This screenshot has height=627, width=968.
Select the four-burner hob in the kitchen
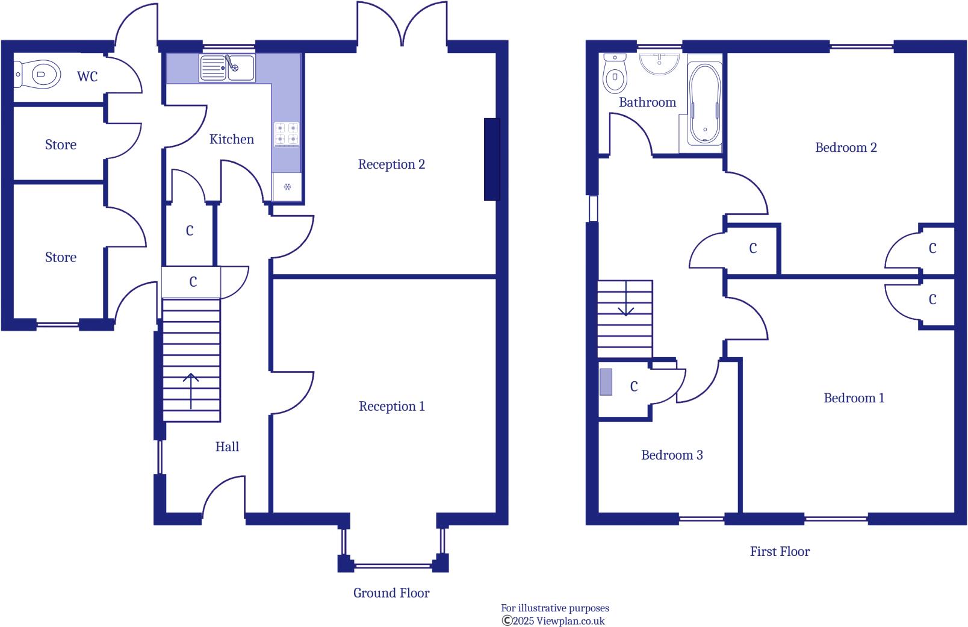pyautogui.click(x=287, y=134)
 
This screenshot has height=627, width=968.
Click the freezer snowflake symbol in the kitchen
pyautogui.click(x=287, y=187)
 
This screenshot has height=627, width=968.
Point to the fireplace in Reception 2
pyautogui.click(x=492, y=159)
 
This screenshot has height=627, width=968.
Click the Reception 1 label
pyautogui.click(x=391, y=407)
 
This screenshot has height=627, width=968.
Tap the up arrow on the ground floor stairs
pyautogui.click(x=191, y=389)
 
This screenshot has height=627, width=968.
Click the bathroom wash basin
pyautogui.click(x=660, y=63)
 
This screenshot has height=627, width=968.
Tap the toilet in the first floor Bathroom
pyautogui.click(x=615, y=72)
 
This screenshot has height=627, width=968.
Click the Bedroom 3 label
pyautogui.click(x=672, y=455)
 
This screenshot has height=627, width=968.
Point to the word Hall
pyautogui.click(x=227, y=447)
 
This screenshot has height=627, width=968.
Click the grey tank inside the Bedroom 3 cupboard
pyautogui.click(x=606, y=382)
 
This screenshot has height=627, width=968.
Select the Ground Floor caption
pyautogui.click(x=391, y=593)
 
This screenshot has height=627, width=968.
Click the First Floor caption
pyautogui.click(x=780, y=552)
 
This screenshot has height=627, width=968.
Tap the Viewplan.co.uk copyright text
pyautogui.click(x=553, y=621)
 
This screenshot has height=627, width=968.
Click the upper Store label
pyautogui.click(x=60, y=145)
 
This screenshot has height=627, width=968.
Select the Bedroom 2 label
pyautogui.click(x=845, y=148)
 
